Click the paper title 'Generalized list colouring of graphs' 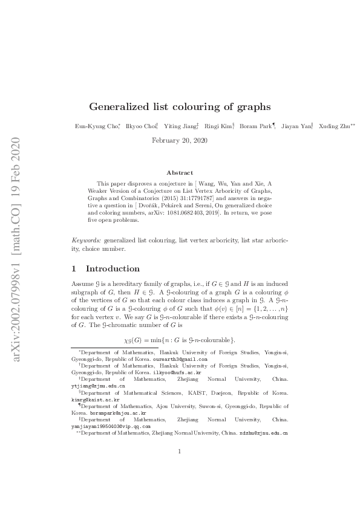(180, 107)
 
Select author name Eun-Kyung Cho (92, 126)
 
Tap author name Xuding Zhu (336, 126)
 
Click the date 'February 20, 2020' (180, 140)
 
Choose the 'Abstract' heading (180, 172)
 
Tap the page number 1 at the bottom (180, 468)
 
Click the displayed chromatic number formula (180, 338)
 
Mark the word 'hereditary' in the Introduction (137, 283)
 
